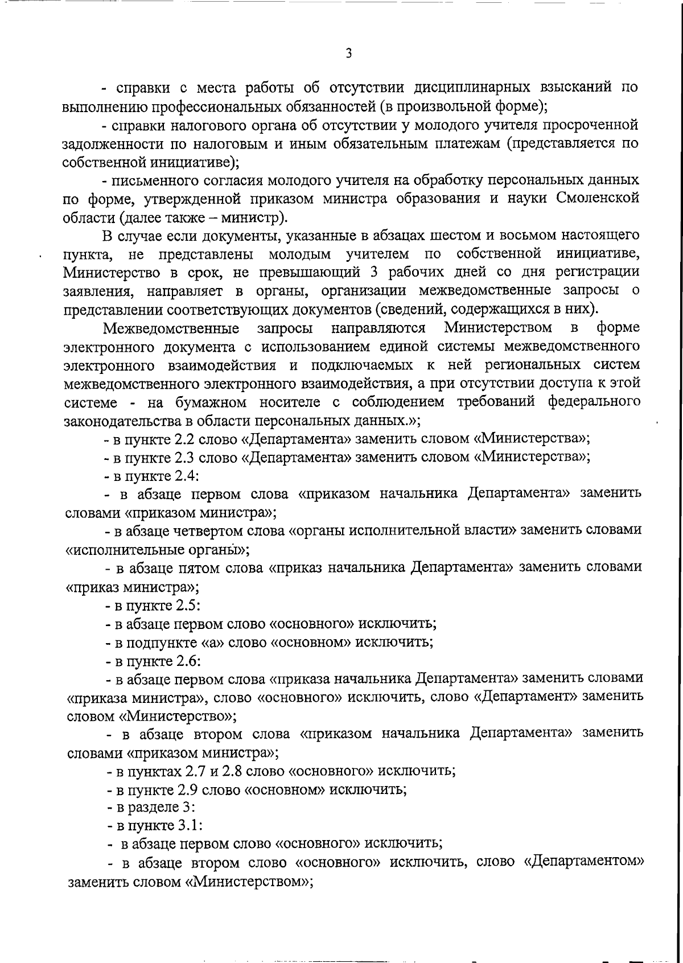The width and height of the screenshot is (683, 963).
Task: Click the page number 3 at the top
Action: (348, 53)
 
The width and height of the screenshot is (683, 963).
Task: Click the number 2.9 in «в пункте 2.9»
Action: (188, 790)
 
